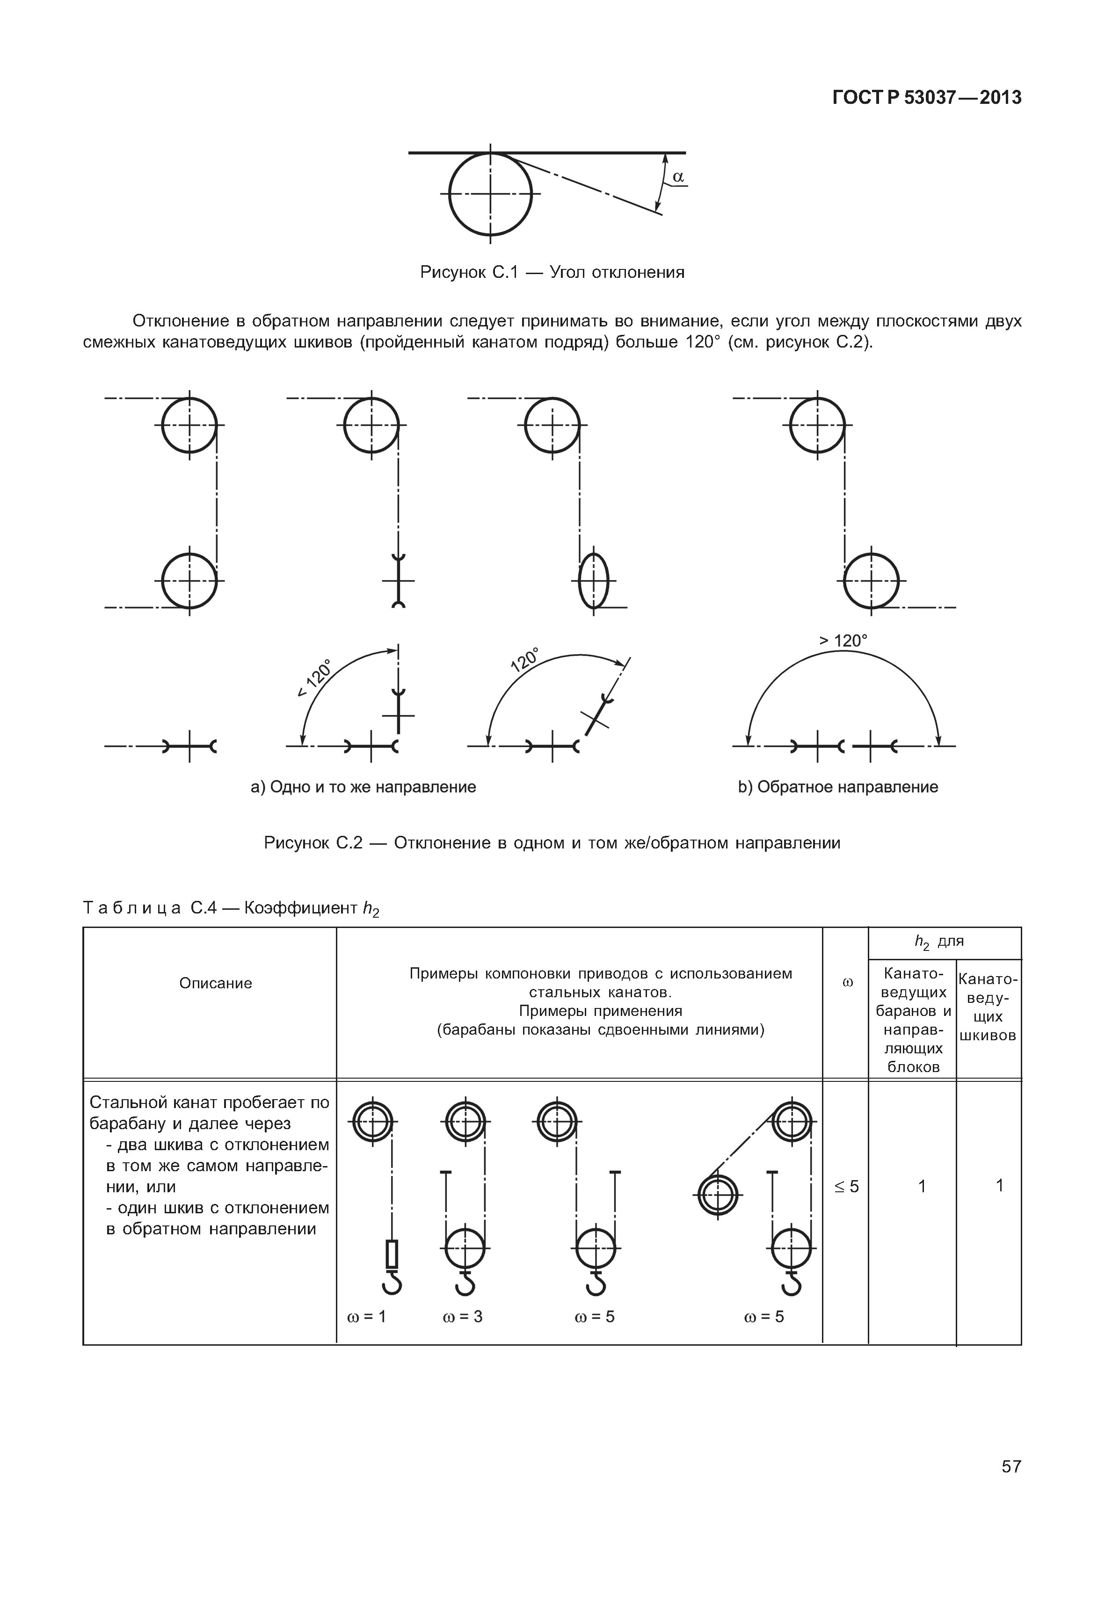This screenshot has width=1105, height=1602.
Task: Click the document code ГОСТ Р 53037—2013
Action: (x=926, y=98)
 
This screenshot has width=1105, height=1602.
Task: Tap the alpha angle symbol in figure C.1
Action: (x=678, y=177)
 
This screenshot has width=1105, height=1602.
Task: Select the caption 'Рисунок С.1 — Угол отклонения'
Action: (x=552, y=272)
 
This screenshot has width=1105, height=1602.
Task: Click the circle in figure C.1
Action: (x=490, y=194)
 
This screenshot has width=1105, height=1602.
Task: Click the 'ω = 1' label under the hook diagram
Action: (x=366, y=1316)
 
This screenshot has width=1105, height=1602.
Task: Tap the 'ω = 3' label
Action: (x=463, y=1316)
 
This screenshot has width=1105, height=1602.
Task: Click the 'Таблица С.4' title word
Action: (x=131, y=907)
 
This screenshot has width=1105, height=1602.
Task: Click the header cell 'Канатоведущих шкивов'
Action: (x=988, y=1008)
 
